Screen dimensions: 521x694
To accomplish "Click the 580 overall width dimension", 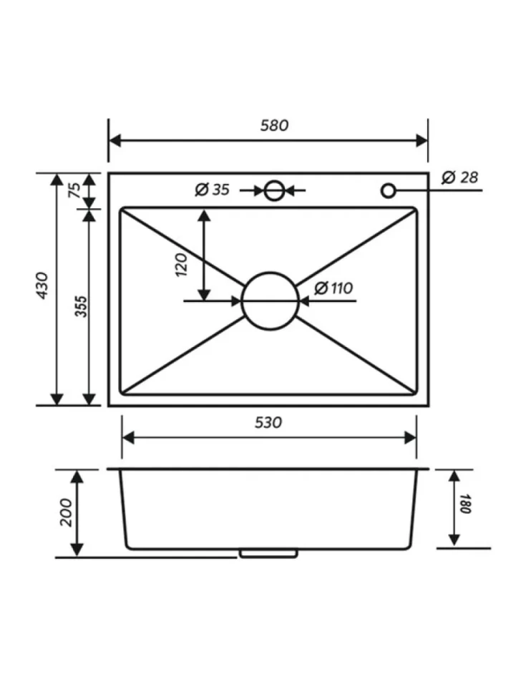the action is click(x=274, y=126).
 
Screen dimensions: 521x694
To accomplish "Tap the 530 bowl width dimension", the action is click(x=268, y=423).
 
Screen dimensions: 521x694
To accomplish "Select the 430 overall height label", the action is click(x=42, y=285).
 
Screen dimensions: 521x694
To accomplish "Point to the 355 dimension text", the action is click(x=82, y=306).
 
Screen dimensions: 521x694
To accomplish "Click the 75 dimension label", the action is click(x=75, y=190).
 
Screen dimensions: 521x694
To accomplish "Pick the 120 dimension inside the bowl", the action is click(x=182, y=265).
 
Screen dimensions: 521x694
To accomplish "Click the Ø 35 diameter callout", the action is click(x=212, y=190).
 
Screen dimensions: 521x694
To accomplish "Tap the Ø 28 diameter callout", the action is click(x=460, y=177).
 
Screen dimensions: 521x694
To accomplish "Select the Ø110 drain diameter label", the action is click(x=333, y=288).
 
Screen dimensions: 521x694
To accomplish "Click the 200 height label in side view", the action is click(x=66, y=512).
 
